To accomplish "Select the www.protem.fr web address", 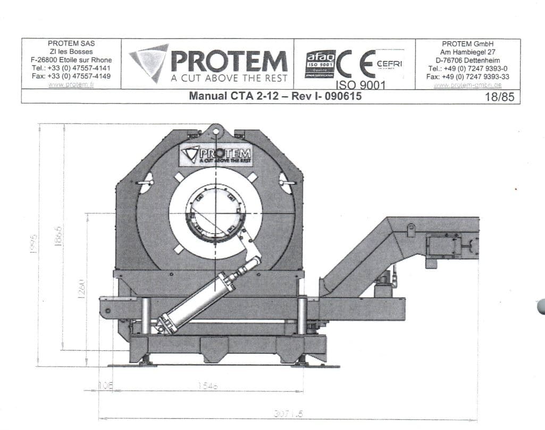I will [70, 85].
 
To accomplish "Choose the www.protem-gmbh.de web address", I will [467, 85].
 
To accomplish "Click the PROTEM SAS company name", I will [71, 44].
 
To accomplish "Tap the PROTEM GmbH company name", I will [467, 44].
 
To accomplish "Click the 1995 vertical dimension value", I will [32, 244].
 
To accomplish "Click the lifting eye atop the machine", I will [215, 130].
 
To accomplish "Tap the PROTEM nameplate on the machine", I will [215, 154].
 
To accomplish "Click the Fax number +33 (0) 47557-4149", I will [71, 76].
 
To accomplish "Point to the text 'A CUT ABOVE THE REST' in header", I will [229, 78].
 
